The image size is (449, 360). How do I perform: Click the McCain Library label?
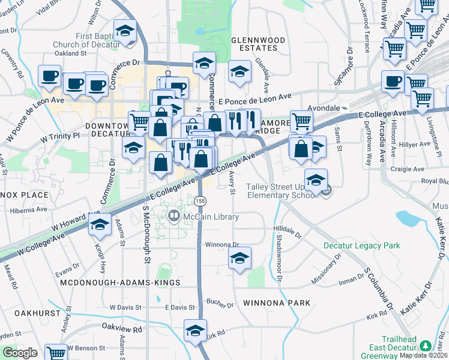click(x=210, y=217)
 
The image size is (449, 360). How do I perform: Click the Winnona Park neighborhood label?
click(x=277, y=303)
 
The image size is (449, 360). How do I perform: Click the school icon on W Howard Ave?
click(x=100, y=225)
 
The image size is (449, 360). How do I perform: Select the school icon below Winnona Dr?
click(x=240, y=258)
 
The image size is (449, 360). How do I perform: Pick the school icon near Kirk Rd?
click(x=196, y=331)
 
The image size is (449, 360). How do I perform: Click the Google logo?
click(x=20, y=352)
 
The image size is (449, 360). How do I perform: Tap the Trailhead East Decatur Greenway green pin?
click(x=426, y=346)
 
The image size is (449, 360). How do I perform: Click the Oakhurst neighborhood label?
click(x=38, y=313)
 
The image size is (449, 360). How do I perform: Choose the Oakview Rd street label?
click(x=122, y=329)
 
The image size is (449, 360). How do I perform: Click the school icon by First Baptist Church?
click(x=125, y=31)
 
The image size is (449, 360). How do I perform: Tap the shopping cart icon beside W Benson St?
click(x=56, y=353)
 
